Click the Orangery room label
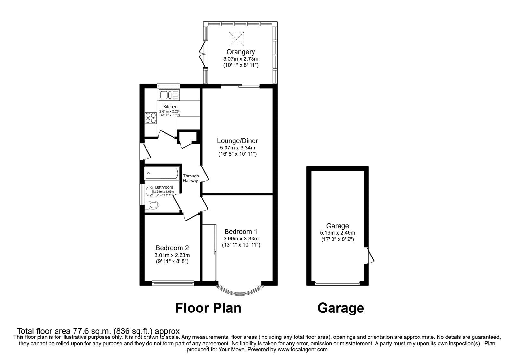point(241,52)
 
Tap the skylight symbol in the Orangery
point(236,39)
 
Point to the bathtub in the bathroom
point(161,174)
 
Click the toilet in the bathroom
point(152,205)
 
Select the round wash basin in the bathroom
point(149,192)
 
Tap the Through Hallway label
point(191,178)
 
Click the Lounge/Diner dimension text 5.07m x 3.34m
point(237,148)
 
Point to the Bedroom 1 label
point(241,231)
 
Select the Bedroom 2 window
point(173,283)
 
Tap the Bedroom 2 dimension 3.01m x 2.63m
point(172,255)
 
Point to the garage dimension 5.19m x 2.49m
point(337,233)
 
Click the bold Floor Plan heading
point(208,308)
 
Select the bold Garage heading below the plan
point(341,308)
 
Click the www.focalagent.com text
point(302,349)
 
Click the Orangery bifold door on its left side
point(202,55)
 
